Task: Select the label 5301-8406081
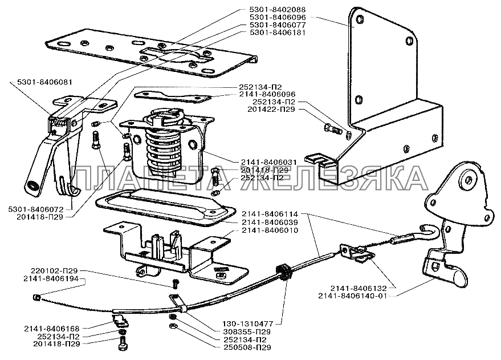(44, 83)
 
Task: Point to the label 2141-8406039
(270, 222)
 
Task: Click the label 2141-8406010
(270, 230)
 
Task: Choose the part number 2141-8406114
(270, 214)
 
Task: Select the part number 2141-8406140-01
(352, 296)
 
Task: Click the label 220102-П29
(54, 270)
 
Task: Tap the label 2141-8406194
(51, 279)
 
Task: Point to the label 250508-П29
(247, 347)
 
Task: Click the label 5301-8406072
(36, 209)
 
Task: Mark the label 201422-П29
(271, 110)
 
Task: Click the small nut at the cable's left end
(36, 298)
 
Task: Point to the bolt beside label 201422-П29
(333, 128)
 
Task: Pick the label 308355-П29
(247, 331)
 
